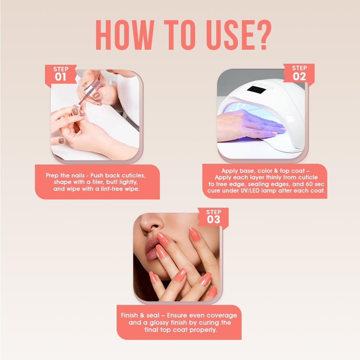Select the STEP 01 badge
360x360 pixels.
pos(60,74)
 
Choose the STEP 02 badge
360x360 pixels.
pos(299,73)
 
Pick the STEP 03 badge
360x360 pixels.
pos(213,217)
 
